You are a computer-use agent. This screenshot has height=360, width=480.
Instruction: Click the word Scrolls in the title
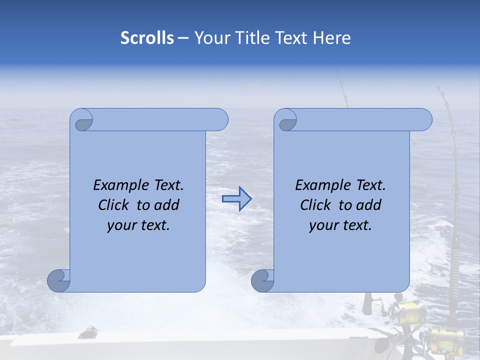(x=147, y=38)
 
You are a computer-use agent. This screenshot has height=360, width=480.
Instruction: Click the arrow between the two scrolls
(x=236, y=199)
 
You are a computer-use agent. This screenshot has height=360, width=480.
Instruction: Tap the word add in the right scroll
(x=369, y=205)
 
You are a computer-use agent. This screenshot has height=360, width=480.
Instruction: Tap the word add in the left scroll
(x=167, y=205)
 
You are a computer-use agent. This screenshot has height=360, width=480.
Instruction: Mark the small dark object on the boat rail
(x=89, y=331)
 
